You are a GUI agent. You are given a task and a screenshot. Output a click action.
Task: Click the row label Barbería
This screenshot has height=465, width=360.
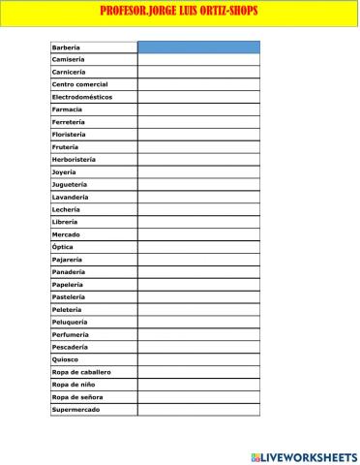66,46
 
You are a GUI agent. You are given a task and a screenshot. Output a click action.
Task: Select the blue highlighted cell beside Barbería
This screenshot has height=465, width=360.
198,46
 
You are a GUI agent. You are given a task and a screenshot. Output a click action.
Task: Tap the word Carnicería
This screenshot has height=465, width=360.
69,72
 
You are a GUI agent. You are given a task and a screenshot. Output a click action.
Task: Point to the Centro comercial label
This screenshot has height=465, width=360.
79,84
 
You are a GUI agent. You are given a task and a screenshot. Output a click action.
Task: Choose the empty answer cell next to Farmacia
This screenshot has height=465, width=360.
198,109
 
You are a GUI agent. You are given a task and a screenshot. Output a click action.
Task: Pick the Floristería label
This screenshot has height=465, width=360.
70,135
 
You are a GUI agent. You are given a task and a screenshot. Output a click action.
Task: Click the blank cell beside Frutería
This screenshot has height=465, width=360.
198,147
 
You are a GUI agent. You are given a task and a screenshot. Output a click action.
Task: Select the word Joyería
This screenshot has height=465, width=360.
64,171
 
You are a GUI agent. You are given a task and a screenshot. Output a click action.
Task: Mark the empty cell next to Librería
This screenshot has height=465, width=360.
198,222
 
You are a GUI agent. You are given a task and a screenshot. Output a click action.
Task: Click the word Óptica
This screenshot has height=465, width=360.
62,247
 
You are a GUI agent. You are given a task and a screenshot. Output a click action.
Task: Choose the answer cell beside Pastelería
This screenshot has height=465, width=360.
198,296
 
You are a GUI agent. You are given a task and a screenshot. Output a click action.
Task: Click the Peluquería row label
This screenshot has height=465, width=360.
70,322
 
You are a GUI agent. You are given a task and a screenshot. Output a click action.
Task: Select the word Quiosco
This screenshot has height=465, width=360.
65,359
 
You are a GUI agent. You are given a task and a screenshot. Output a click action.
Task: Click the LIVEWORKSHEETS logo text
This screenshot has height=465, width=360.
310,455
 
